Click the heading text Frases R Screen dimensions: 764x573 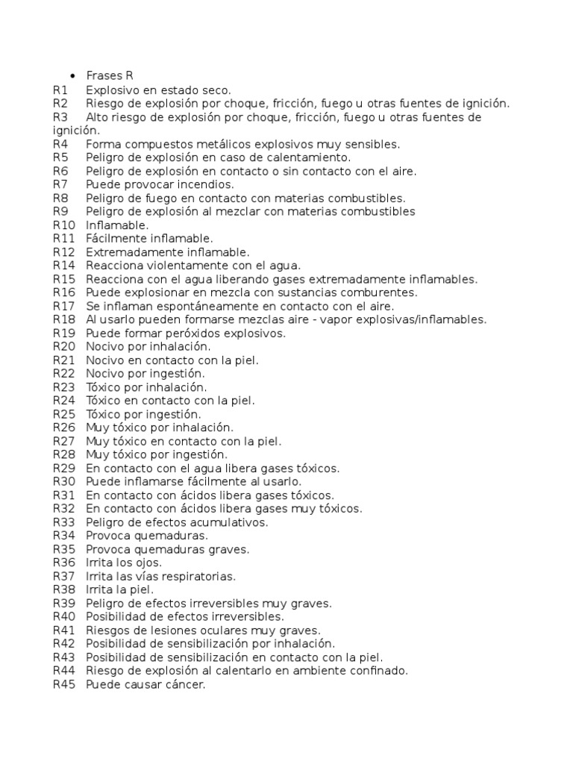[x=110, y=76]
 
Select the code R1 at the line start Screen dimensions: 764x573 [x=60, y=90]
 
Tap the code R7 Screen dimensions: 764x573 [x=60, y=184]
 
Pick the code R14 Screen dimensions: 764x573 [x=64, y=266]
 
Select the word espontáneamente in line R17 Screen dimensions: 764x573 [x=192, y=306]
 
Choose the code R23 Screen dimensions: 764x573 [x=64, y=387]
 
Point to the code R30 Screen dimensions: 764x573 [x=64, y=481]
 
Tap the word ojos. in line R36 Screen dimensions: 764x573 [x=148, y=562]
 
